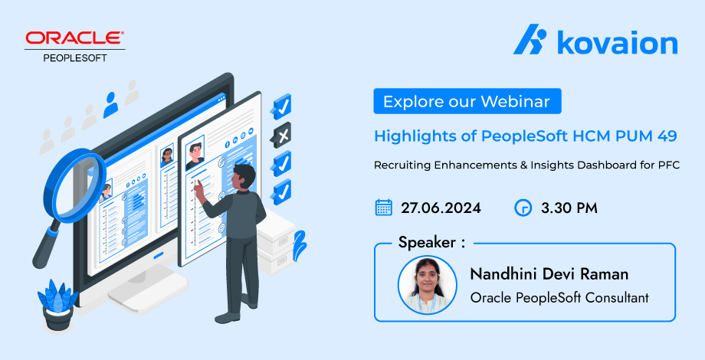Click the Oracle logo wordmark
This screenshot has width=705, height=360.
point(74,38)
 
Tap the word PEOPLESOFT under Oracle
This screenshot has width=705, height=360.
point(75,58)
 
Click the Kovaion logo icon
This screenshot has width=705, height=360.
point(530,39)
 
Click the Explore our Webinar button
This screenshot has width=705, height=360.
point(467,101)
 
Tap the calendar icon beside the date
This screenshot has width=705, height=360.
point(383,208)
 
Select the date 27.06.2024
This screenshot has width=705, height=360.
point(441,208)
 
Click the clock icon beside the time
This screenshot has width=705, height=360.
point(523,208)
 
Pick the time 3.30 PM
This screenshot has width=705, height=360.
point(569,208)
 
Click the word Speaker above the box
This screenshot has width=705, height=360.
point(427,243)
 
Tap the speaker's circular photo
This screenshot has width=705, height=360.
point(427,285)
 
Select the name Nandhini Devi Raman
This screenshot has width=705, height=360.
point(549,273)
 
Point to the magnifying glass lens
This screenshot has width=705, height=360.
point(74,185)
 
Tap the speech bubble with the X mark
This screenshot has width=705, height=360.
point(281,135)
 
